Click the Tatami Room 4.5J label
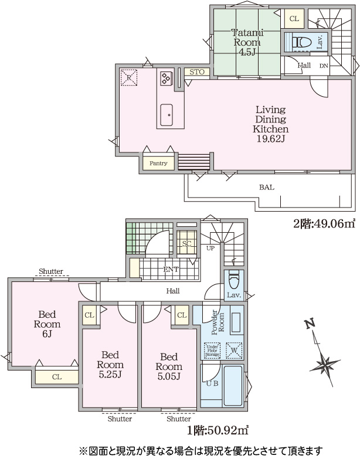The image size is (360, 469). click(247, 42)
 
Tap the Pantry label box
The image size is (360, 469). click(158, 164)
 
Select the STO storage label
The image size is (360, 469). click(197, 72)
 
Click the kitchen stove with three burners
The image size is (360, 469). click(167, 79)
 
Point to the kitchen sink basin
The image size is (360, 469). click(167, 114)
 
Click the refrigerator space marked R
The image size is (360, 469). click(128, 77)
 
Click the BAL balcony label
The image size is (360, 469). click(267, 188)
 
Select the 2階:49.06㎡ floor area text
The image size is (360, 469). click(324, 223)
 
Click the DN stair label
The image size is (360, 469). click(324, 66)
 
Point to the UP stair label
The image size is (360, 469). click(210, 248)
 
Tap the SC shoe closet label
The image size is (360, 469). click(186, 243)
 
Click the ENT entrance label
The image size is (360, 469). click(171, 269)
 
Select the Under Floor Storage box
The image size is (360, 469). click(212, 351)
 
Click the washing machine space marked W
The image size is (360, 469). click(234, 351)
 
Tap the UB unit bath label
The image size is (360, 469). click(212, 383)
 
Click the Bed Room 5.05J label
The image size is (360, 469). click(169, 366)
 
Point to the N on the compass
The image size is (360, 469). click(310, 324)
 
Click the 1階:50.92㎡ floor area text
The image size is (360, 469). click(218, 430)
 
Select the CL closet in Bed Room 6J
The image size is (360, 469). click(57, 377)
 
